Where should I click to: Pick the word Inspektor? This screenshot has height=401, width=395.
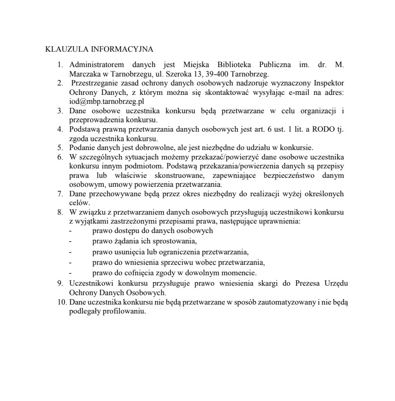[328, 83]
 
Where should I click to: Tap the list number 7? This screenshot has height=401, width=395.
[60, 194]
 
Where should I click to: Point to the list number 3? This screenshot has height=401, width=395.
[60, 111]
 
